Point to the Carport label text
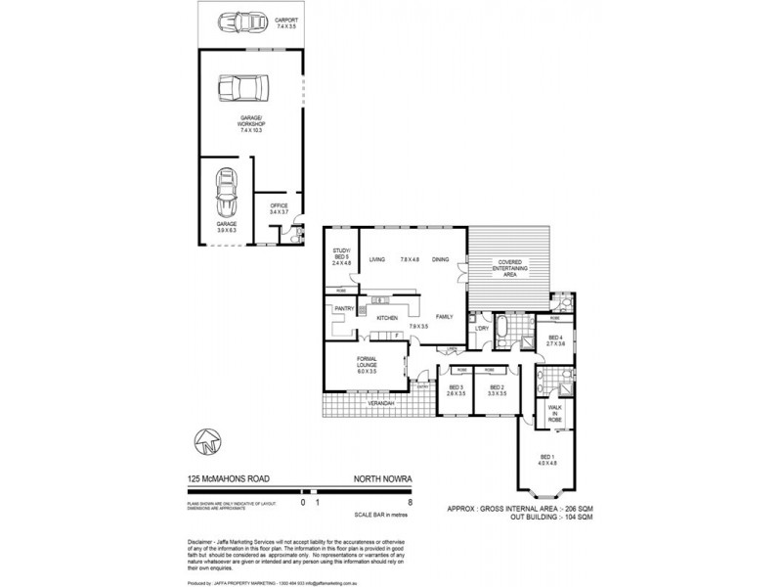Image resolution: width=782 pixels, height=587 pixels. click(286, 19)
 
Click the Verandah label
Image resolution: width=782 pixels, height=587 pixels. click(381, 403)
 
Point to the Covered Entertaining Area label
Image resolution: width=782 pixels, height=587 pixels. click(514, 269)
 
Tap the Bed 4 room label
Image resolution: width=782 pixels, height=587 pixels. click(555, 341)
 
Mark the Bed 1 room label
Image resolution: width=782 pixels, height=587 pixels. click(546, 460)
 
